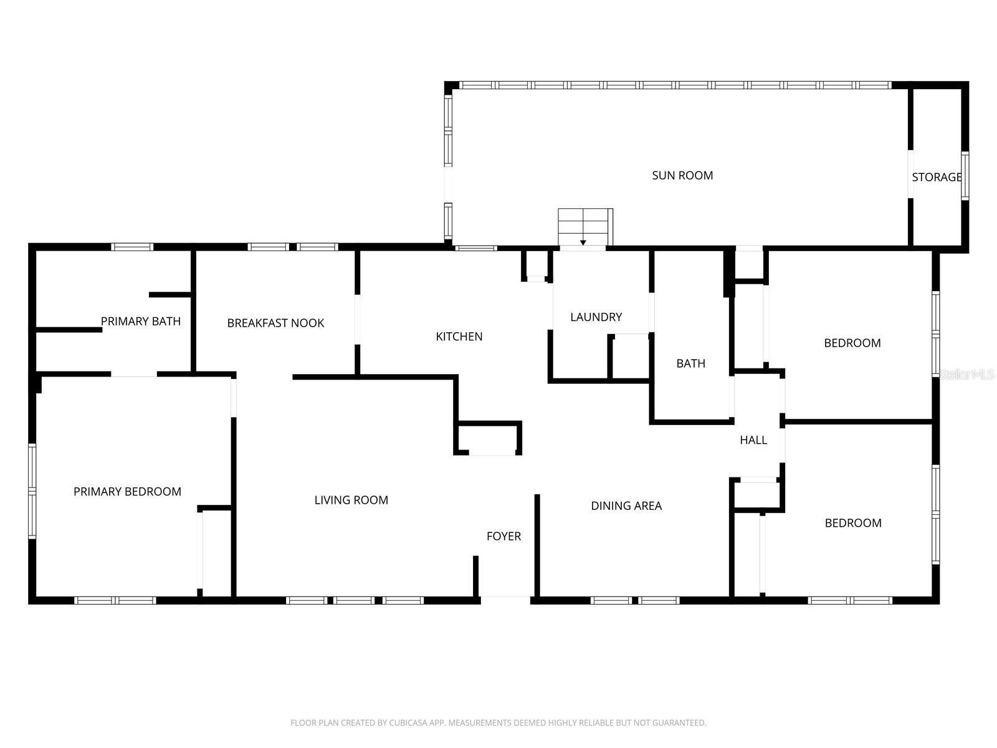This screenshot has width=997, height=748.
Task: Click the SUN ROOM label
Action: (x=682, y=176)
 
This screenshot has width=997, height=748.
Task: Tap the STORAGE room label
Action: (x=937, y=177)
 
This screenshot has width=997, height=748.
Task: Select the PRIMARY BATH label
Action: (x=141, y=322)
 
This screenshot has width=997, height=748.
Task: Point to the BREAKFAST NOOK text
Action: (x=275, y=323)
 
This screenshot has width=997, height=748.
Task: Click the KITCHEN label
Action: (x=459, y=337)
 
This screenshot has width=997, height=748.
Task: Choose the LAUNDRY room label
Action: (x=596, y=317)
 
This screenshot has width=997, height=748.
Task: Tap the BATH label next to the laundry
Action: (x=691, y=363)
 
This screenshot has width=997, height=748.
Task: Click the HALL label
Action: (x=753, y=440)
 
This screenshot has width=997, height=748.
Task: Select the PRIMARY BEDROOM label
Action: (x=127, y=492)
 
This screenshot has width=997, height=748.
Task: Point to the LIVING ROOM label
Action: (x=351, y=500)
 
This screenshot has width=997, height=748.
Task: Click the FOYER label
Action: (x=503, y=536)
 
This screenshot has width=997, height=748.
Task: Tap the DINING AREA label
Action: (x=626, y=506)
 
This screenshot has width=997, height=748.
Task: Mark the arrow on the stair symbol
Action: (x=583, y=242)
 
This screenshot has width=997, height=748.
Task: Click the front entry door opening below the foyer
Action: (x=505, y=600)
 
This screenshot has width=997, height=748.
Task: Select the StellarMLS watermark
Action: (x=966, y=375)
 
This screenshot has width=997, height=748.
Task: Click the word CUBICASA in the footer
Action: (x=408, y=723)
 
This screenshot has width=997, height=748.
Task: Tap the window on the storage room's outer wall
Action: (x=965, y=176)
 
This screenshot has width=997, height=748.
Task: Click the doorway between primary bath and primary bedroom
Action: (x=134, y=375)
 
